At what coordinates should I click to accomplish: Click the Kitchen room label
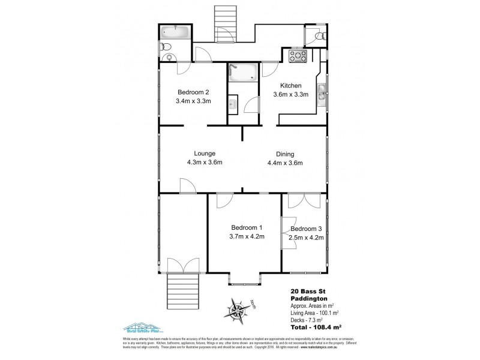coord(291,86)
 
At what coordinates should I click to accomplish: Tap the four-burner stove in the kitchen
coord(298,57)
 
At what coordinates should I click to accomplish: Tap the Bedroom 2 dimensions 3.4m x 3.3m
coord(193,102)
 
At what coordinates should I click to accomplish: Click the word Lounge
coord(204,154)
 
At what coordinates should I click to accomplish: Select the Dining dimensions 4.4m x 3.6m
coord(284,163)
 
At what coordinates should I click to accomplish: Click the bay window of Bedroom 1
coord(244,279)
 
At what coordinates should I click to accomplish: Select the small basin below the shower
coord(232,106)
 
